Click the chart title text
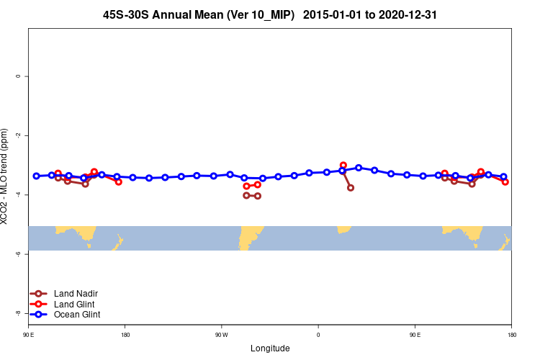[x=270, y=14]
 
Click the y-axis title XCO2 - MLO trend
[x=5, y=176]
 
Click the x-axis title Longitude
[x=270, y=348]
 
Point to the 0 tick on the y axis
[x=17, y=76]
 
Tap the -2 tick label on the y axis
[x=17, y=135]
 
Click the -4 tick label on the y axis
[x=17, y=194]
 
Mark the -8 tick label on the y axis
[x=17, y=313]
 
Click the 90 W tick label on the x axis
[x=221, y=335]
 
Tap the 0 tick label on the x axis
[x=318, y=335]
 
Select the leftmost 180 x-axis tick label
[x=125, y=335]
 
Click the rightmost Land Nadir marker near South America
[x=258, y=196]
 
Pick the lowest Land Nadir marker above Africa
[x=351, y=188]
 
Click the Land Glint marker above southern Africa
[x=343, y=166]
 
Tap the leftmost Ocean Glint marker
[x=36, y=176]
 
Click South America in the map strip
[x=250, y=235]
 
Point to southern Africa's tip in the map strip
[x=343, y=230]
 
